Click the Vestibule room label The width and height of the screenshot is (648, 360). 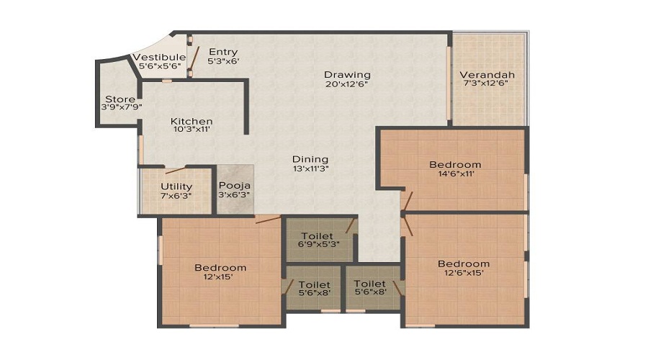[159, 57]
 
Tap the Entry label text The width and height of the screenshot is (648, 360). [222, 52]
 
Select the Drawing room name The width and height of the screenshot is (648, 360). [347, 74]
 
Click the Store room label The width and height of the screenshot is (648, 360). [120, 99]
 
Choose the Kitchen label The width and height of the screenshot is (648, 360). [192, 121]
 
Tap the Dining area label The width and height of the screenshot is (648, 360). [310, 159]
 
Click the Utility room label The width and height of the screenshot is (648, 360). [176, 186]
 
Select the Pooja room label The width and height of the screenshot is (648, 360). [235, 186]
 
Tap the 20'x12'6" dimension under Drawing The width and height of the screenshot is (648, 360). [347, 84]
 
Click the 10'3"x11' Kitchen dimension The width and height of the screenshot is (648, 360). [192, 130]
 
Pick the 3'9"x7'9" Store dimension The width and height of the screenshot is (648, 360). [120, 107]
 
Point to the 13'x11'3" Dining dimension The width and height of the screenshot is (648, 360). [310, 168]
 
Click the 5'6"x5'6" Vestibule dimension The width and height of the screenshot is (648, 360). [159, 66]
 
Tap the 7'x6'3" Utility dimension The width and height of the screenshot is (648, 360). [176, 195]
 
